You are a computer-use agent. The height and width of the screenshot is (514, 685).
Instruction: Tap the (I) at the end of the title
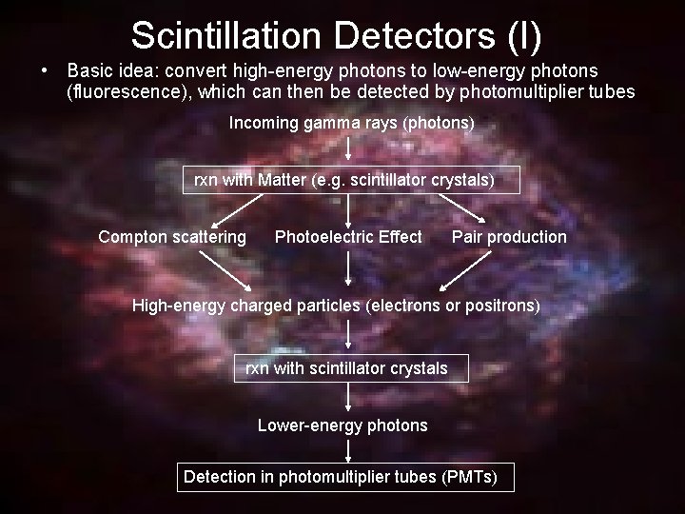pos(522,35)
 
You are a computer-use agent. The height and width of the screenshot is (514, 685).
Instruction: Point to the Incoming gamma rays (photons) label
pos(351,124)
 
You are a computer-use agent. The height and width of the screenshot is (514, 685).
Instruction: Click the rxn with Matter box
pos(351,179)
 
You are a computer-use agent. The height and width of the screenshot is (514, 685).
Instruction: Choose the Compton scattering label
pos(172,237)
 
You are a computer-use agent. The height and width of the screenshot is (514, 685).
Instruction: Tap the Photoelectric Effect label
pos(348,237)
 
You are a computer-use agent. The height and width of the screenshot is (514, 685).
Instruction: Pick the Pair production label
pos(509,237)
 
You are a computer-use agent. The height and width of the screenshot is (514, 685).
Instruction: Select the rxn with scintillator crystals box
pos(351,368)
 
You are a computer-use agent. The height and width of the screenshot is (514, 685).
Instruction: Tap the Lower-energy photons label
pos(342,425)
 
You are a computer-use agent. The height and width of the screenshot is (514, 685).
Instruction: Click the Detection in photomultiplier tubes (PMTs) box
pos(345,477)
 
